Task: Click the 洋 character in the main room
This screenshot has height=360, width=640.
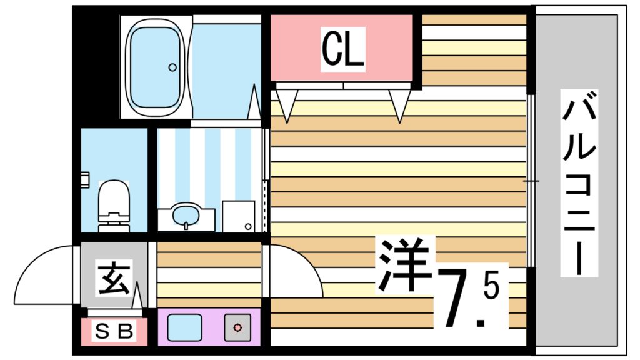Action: pyautogui.click(x=405, y=266)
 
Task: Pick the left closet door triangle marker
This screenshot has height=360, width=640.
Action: pyautogui.click(x=286, y=104)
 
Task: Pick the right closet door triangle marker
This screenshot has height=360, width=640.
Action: pyautogui.click(x=399, y=104)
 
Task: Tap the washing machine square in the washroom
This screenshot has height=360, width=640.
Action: pyautogui.click(x=239, y=216)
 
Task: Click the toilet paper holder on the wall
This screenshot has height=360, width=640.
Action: pyautogui.click(x=84, y=179)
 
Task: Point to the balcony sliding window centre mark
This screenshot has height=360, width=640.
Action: pyautogui.click(x=531, y=181)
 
